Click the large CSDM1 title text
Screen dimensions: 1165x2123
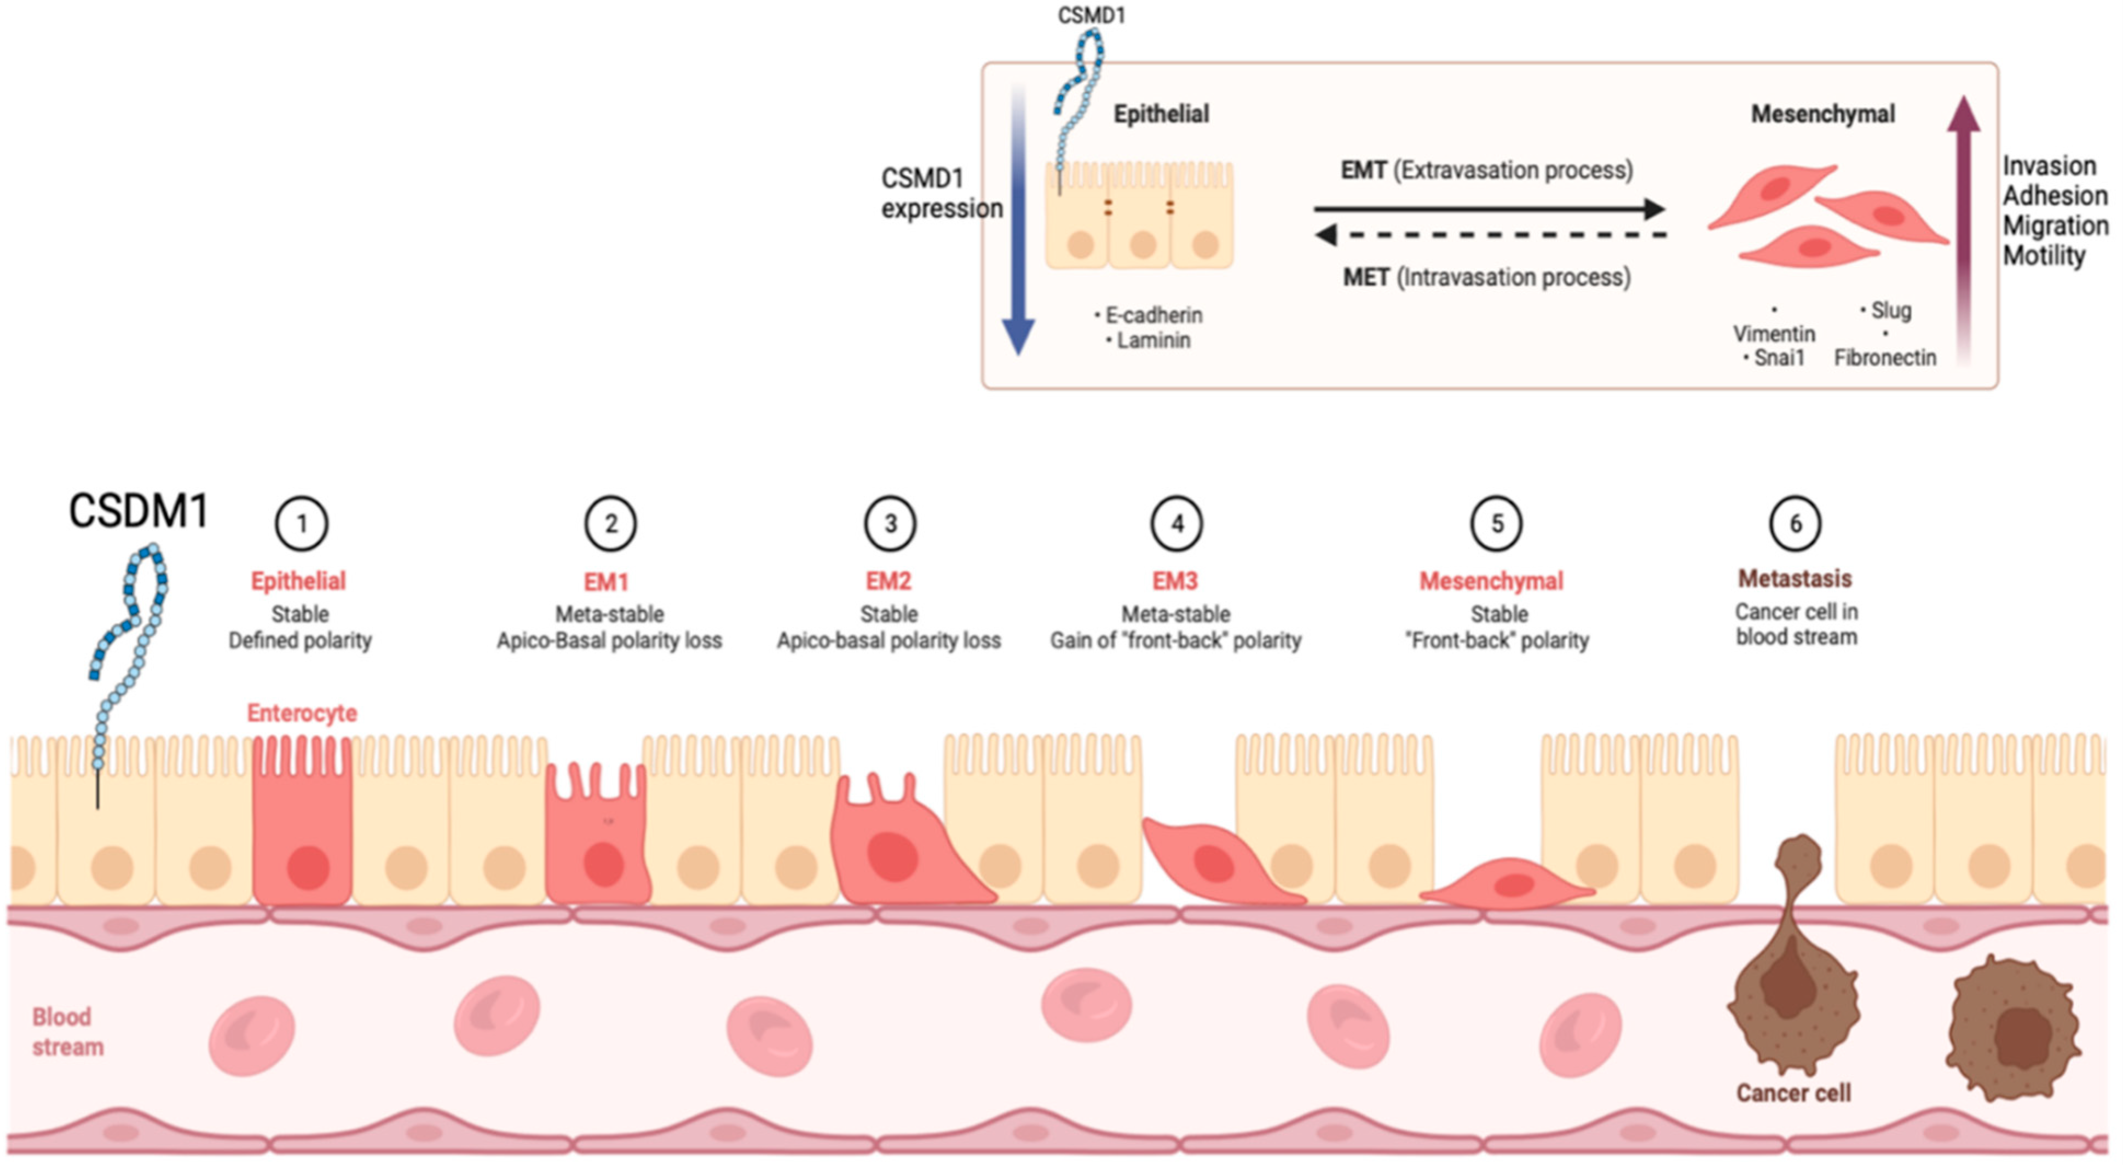[139, 511]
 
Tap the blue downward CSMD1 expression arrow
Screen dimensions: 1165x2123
[1019, 223]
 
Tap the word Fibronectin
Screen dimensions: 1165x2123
[1885, 357]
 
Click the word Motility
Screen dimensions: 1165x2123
[2044, 256]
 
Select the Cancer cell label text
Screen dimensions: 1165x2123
[1793, 1093]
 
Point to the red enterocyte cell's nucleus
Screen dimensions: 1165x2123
[308, 867]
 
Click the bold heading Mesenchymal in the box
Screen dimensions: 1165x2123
[1822, 114]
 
